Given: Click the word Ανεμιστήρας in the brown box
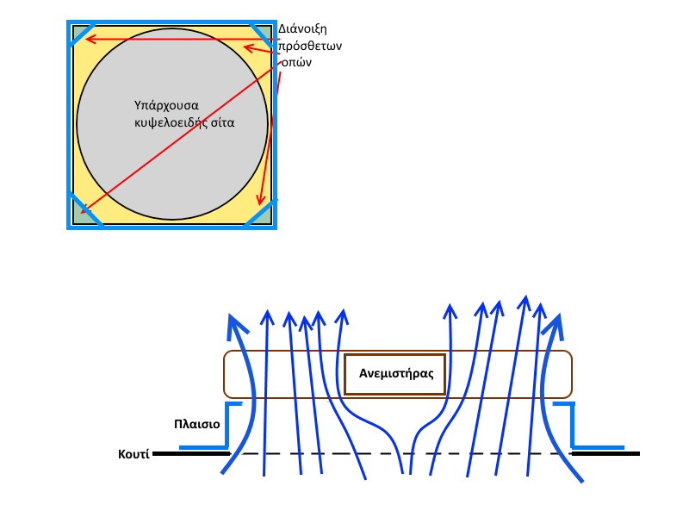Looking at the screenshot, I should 395,375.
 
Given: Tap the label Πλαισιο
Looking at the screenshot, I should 196,424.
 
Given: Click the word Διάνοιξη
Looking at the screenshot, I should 308,28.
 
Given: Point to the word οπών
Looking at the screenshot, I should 301,63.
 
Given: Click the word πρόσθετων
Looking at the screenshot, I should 310,46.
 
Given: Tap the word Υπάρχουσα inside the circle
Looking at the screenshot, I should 166,105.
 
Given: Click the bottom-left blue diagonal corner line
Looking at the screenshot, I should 84,211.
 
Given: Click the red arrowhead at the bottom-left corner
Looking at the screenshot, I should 84,209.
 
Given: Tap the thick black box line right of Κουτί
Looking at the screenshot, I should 190,452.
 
